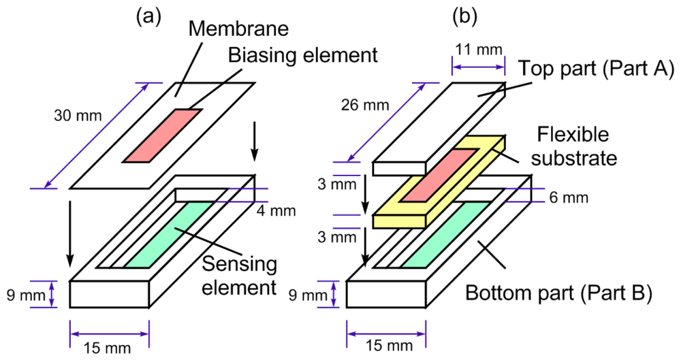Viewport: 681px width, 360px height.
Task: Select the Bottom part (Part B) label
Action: [x=559, y=295]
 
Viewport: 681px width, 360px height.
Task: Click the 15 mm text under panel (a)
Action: [x=109, y=348]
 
